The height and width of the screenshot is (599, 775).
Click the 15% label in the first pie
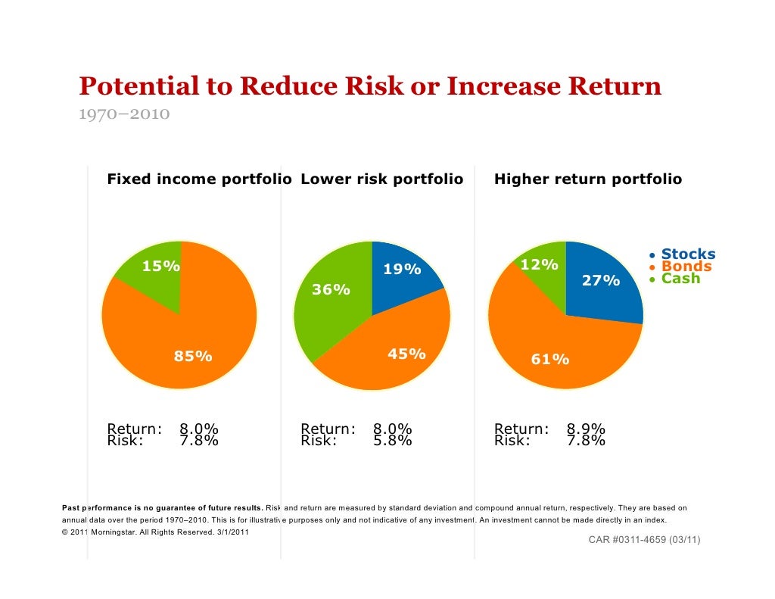(x=161, y=266)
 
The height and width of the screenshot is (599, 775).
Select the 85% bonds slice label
(x=193, y=357)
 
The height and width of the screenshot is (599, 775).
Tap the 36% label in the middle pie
(x=331, y=290)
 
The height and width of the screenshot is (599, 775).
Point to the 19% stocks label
(x=401, y=270)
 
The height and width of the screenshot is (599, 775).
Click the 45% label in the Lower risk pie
(x=406, y=354)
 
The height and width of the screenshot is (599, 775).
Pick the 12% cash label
(x=539, y=265)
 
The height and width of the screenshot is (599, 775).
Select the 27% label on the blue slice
(x=600, y=281)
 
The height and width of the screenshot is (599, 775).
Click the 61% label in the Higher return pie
(x=549, y=359)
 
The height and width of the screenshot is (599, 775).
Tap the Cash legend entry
(x=680, y=279)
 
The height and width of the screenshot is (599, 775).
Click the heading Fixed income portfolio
(x=199, y=179)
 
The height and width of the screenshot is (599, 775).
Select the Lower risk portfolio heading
(x=381, y=179)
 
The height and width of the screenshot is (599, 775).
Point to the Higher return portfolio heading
(x=587, y=179)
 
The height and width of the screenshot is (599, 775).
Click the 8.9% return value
(x=585, y=429)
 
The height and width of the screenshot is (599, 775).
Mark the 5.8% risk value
(x=392, y=441)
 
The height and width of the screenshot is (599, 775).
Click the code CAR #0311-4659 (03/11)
(x=644, y=540)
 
